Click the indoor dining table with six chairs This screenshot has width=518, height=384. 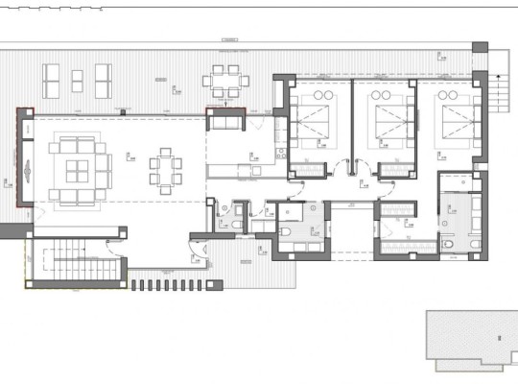tap(165, 171)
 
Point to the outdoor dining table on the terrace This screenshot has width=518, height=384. tap(226, 81)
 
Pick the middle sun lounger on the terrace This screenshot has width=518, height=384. tap(77, 76)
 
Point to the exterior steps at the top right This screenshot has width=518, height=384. tap(497, 96)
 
